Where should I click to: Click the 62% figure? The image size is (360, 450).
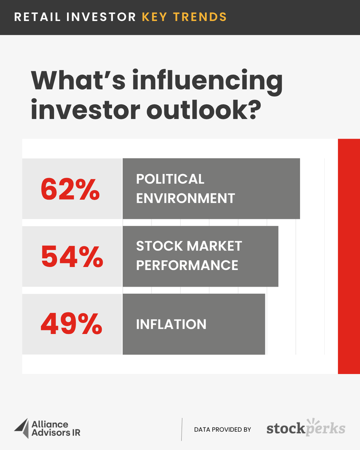click(x=70, y=189)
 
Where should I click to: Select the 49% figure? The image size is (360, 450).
click(x=71, y=324)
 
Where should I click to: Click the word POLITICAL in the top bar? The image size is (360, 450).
click(x=170, y=179)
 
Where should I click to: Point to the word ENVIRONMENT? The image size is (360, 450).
click(x=185, y=198)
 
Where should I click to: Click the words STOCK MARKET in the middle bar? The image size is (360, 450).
click(x=189, y=246)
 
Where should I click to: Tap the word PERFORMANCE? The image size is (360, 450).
click(x=187, y=265)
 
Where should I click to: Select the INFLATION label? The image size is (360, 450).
click(x=171, y=324)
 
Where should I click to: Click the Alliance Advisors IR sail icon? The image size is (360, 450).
click(x=21, y=428)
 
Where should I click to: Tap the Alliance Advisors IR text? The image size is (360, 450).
click(x=55, y=429)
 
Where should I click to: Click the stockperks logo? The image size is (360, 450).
click(x=306, y=428)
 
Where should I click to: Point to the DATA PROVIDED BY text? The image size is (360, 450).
click(x=222, y=429)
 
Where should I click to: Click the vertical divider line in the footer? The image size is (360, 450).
click(x=182, y=429)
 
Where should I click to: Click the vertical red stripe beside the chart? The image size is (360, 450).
click(x=349, y=256)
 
